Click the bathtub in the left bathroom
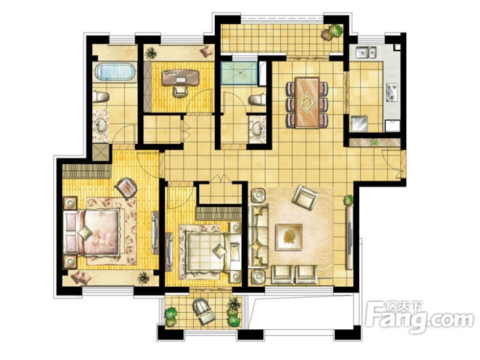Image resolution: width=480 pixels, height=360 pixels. coord(115,71)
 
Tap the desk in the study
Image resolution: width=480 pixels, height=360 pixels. coord(180,77)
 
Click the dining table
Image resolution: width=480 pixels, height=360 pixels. coord(308,102)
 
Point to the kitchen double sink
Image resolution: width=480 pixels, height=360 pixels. coord(366,52)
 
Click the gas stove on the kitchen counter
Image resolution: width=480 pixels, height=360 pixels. coord(392,92)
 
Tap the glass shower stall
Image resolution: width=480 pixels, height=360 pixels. coord(240,73)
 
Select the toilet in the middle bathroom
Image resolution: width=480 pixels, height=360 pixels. coord(257,100)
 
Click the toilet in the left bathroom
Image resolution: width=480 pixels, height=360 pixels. coord(101,97)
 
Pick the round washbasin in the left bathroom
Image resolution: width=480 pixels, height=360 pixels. coord(100,126)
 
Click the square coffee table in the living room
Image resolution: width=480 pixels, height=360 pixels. coord(289,237)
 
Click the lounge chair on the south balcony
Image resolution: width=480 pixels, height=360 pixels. coord(203,311)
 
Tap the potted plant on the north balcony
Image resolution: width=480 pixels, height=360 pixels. coord(332,32)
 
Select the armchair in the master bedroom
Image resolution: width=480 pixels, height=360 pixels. coord(126,187)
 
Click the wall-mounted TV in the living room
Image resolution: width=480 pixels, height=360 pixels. coord(350,238)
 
